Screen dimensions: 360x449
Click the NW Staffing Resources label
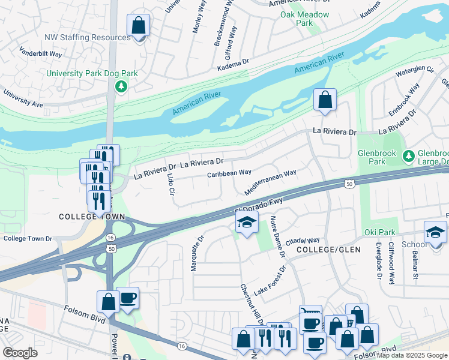[87, 37]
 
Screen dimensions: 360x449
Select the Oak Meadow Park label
[304, 19]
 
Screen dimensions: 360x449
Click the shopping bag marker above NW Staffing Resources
[139, 26]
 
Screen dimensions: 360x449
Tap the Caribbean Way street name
[229, 173]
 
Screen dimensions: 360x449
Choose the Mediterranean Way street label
[270, 182]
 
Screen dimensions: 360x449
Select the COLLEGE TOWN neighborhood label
[92, 217]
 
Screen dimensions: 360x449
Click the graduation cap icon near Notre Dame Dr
[247, 223]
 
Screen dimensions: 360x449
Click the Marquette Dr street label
[194, 253]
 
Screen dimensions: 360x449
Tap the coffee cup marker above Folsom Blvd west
[128, 298]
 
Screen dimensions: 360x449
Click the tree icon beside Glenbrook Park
[409, 157]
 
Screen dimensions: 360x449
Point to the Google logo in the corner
[20, 353]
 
